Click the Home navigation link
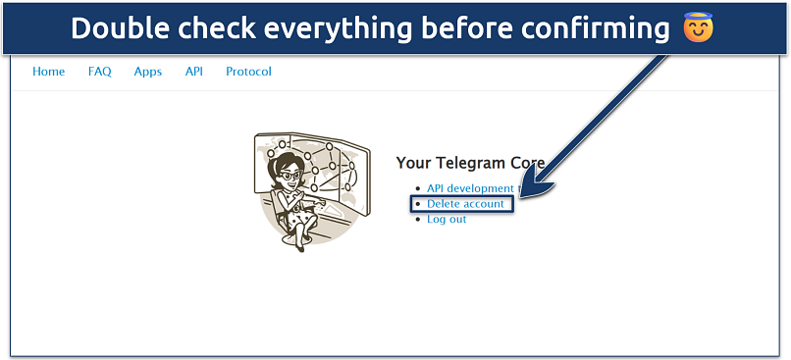pos(48,72)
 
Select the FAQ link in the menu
pos(99,72)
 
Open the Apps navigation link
pos(148,73)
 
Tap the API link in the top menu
pos(193,72)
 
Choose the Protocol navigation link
pos(248,72)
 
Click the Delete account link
pos(465,204)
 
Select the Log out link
pos(447,220)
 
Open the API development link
pos(470,188)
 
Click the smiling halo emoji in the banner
pos(698,26)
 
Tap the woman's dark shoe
pos(300,247)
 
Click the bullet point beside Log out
pos(417,220)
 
